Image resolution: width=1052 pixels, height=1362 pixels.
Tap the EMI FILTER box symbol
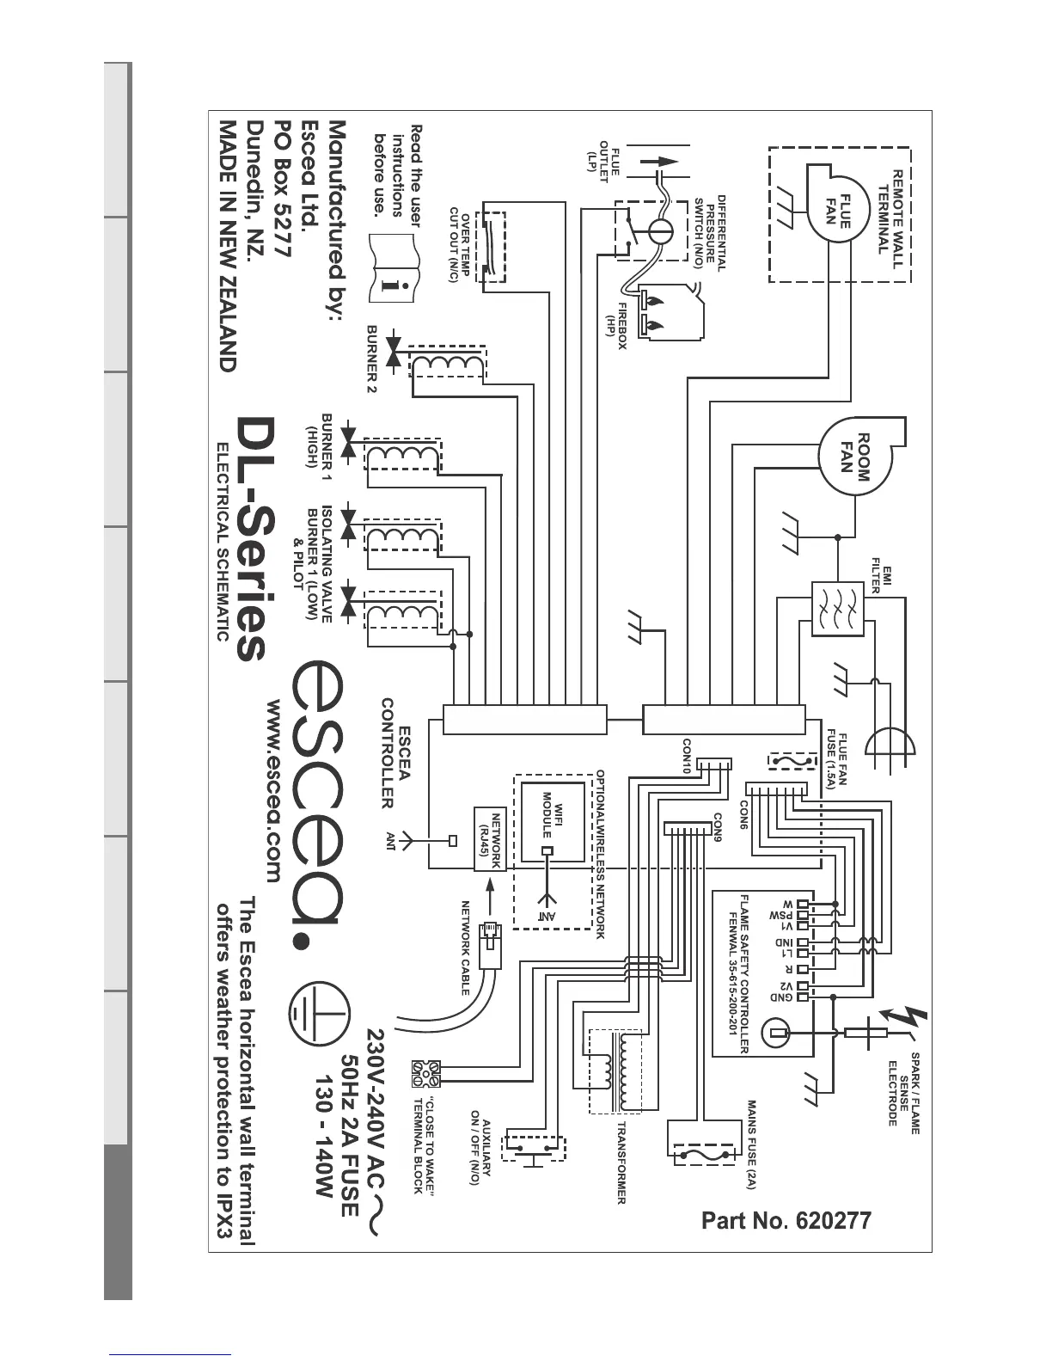tap(836, 609)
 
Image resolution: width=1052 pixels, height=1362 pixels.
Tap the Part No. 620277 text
tap(786, 1220)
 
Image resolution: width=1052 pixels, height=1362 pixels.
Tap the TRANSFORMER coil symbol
tap(615, 1071)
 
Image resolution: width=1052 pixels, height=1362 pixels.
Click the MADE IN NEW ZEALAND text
tap(226, 245)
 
